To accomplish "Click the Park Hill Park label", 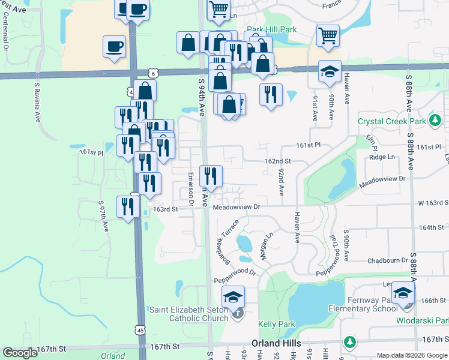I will click(272, 29).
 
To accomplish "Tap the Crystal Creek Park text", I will click(392, 121).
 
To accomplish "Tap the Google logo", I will click(20, 353).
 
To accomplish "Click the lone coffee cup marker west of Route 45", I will click(114, 46).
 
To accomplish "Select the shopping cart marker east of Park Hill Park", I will click(328, 35).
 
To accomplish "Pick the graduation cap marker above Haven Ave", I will click(329, 71).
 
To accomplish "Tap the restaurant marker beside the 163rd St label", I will click(128, 208).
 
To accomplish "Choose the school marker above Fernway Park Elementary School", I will click(403, 293).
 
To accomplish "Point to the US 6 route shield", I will click(154, 73).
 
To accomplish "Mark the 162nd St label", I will click(278, 161).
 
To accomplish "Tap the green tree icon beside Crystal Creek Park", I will click(435, 122).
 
